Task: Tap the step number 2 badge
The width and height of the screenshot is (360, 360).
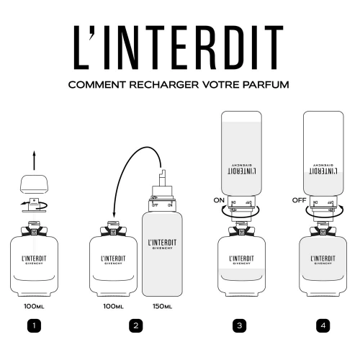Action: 135,326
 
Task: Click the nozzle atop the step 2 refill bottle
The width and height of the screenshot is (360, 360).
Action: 161,176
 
